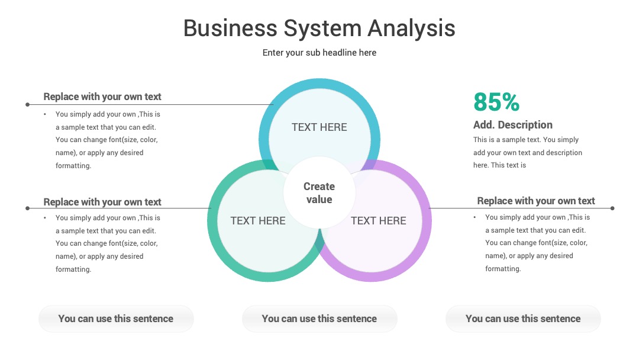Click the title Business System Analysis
pyautogui.click(x=319, y=29)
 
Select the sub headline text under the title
pyautogui.click(x=319, y=53)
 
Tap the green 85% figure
pyautogui.click(x=496, y=102)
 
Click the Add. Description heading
pyautogui.click(x=512, y=125)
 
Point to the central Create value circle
pyautogui.click(x=319, y=193)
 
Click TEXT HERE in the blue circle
pyautogui.click(x=319, y=127)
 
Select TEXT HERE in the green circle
pyautogui.click(x=258, y=221)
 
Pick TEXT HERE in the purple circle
pyautogui.click(x=379, y=221)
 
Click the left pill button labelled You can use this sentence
pyautogui.click(x=116, y=319)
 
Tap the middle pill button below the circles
pyautogui.click(x=319, y=319)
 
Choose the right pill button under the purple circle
pyautogui.click(x=523, y=319)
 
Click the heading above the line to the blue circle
pyautogui.click(x=102, y=97)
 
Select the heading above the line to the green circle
pyautogui.click(x=102, y=202)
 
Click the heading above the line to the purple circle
pyautogui.click(x=536, y=201)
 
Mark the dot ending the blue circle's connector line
pyautogui.click(x=27, y=104)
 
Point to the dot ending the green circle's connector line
pyautogui.click(x=27, y=208)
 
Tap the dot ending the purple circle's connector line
pyautogui.click(x=612, y=208)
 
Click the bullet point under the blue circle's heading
pyautogui.click(x=45, y=114)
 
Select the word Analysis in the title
pyautogui.click(x=412, y=29)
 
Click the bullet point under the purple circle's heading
pyautogui.click(x=475, y=217)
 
